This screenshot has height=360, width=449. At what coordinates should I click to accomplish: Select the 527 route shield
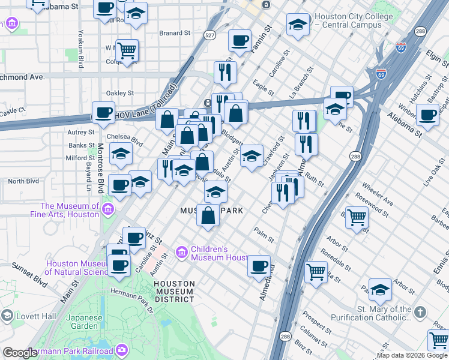tap(209, 37)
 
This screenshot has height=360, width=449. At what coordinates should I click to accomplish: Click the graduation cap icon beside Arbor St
tap(380, 290)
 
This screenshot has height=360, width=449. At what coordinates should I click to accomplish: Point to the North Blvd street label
tap(23, 181)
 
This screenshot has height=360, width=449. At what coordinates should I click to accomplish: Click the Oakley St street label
tap(119, 93)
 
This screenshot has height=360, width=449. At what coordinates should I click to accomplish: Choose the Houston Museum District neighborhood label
tap(174, 291)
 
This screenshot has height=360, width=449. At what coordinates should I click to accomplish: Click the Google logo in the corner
tap(19, 353)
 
